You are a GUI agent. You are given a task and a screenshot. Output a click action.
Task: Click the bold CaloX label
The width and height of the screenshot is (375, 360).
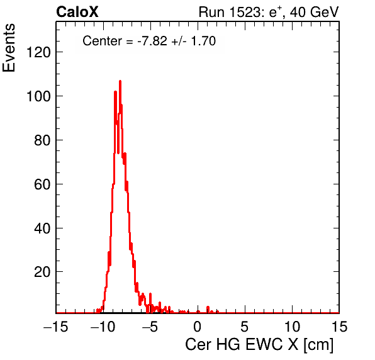tap(77, 12)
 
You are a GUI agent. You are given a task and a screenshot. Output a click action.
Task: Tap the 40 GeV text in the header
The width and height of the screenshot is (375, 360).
tap(314, 12)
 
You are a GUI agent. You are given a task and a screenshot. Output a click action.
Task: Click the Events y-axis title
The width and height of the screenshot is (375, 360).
tap(9, 48)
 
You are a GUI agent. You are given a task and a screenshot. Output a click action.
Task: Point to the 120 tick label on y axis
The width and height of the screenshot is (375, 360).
tap(38, 52)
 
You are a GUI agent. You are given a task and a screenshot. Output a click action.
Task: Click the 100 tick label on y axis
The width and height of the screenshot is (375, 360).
tap(38, 96)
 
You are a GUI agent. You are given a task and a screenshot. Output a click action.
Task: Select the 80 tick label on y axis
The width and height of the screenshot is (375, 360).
tap(42, 140)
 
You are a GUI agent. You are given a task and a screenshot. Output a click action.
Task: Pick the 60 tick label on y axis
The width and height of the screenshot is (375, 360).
tap(42, 184)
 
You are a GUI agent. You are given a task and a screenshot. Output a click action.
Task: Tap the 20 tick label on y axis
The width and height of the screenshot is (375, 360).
tap(42, 272)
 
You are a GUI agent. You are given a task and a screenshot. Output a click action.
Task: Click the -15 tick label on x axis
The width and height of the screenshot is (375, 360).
tap(56, 327)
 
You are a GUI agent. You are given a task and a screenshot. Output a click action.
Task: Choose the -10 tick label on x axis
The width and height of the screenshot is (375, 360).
tap(103, 327)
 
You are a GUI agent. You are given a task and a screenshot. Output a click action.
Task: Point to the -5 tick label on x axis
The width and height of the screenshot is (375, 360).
tap(150, 327)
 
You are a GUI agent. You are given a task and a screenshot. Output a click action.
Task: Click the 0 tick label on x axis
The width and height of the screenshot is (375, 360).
tap(198, 327)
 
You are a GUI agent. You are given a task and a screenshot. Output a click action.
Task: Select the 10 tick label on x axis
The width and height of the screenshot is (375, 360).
tap(292, 327)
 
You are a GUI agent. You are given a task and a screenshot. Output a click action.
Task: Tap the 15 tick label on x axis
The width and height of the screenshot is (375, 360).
tap(339, 327)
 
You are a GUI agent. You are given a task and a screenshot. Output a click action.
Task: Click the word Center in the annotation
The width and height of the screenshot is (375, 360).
tap(103, 41)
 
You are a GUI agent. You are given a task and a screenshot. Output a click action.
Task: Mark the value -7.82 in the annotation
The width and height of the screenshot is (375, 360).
tap(152, 41)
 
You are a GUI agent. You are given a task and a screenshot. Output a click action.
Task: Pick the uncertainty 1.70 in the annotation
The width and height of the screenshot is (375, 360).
tap(203, 41)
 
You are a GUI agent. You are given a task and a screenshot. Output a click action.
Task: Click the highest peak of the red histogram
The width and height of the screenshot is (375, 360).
tap(120, 81)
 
